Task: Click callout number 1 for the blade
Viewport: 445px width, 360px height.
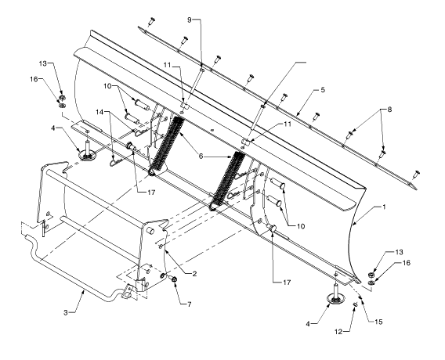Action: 384,207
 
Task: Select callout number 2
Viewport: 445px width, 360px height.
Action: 194,274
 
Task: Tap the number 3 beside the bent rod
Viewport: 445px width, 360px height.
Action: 66,313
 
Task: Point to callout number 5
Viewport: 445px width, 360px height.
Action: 323,90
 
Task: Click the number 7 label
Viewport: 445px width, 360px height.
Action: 189,304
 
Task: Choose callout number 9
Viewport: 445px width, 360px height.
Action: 190,20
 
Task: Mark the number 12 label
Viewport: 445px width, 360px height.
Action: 338,332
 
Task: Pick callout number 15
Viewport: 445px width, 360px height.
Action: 378,322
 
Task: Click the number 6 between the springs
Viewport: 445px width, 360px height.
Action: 201,157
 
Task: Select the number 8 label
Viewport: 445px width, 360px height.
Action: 389,109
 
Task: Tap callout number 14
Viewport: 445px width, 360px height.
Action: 99,112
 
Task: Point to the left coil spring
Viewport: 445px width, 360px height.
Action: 167,146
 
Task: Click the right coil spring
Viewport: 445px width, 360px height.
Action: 227,181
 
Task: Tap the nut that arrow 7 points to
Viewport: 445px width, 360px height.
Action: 174,279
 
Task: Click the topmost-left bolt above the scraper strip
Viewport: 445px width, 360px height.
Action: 152,21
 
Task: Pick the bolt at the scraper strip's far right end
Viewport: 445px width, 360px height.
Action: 416,174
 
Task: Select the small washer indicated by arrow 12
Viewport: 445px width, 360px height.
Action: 355,304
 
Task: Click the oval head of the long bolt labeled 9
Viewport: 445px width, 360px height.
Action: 202,70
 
